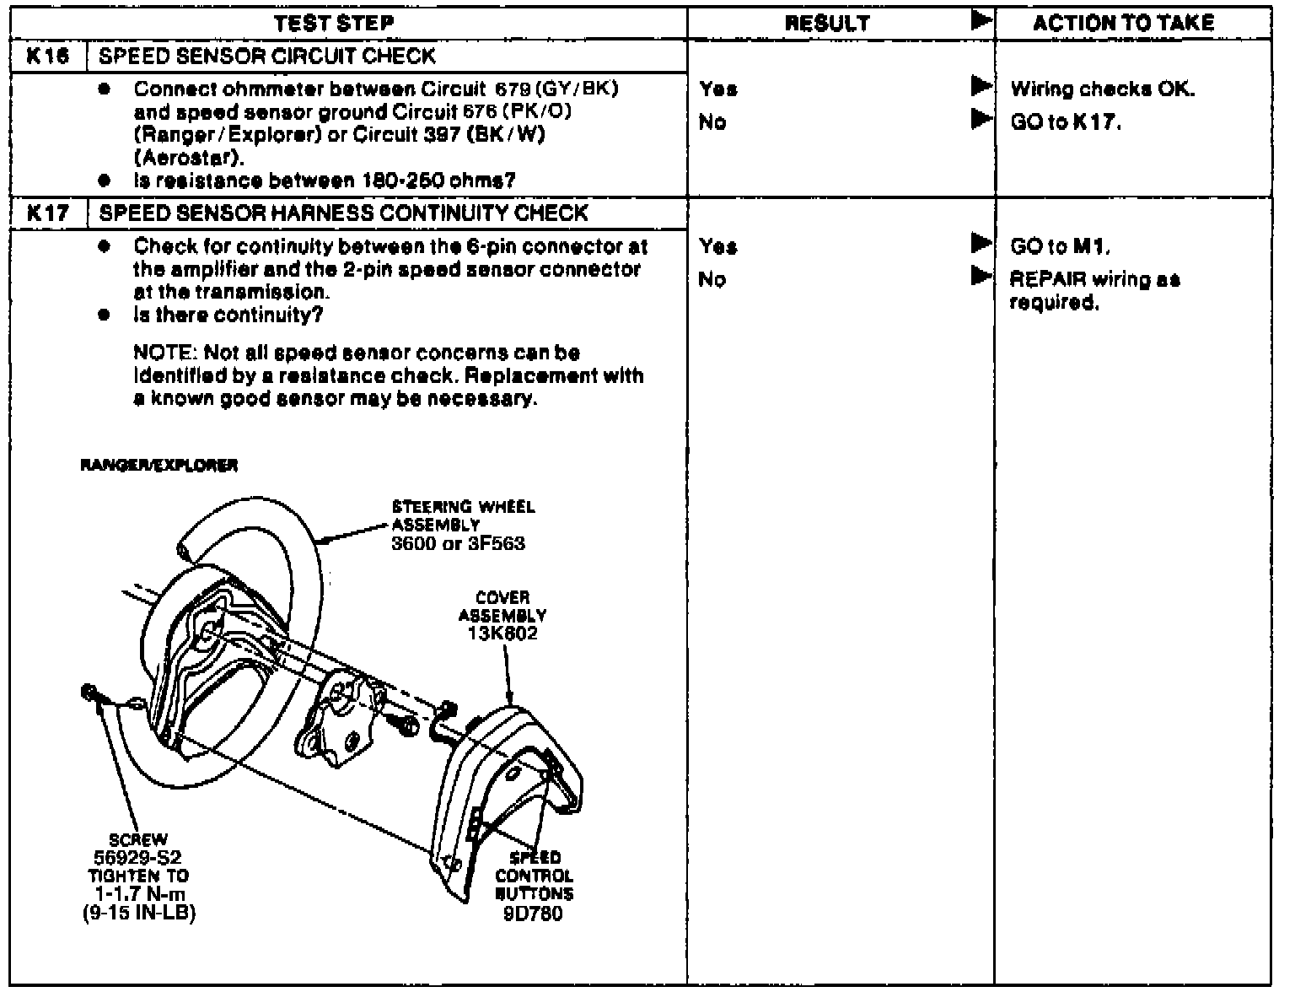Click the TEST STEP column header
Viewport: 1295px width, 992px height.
[334, 23]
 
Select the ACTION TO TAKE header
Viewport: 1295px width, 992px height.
[1124, 23]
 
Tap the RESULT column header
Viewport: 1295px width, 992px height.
[826, 23]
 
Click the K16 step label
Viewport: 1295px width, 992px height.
[47, 57]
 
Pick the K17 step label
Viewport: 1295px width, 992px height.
[47, 213]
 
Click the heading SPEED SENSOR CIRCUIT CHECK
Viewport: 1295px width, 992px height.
[267, 57]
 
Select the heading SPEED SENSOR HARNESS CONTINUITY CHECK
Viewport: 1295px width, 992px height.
[343, 213]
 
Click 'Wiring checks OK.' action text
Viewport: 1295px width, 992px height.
[1102, 89]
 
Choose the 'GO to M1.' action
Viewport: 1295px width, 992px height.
[1060, 246]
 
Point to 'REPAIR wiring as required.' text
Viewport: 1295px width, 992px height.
[1094, 290]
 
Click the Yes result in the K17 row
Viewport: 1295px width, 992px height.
[717, 246]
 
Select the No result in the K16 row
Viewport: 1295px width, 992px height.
[712, 122]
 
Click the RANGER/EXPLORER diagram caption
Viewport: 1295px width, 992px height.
[159, 466]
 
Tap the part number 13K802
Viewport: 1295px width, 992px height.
[502, 633]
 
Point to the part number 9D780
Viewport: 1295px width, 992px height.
[533, 914]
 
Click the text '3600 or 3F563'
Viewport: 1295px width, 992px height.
[458, 542]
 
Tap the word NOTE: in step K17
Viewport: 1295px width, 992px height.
[166, 353]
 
